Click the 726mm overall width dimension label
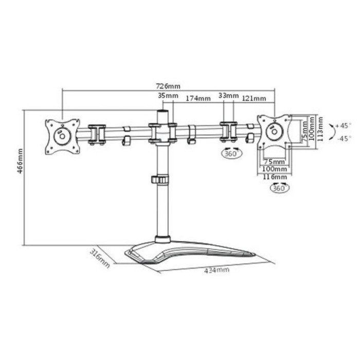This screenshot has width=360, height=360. (168, 86)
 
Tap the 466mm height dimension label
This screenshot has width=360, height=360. (20, 160)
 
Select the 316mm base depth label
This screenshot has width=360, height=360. (99, 258)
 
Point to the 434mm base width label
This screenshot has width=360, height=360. (217, 270)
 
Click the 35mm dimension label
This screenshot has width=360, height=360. (168, 96)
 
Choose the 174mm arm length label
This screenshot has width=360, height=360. (198, 99)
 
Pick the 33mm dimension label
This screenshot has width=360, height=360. (228, 96)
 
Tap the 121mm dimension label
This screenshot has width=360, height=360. (254, 99)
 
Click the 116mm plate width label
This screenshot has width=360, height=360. (275, 177)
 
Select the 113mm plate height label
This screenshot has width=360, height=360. (320, 129)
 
